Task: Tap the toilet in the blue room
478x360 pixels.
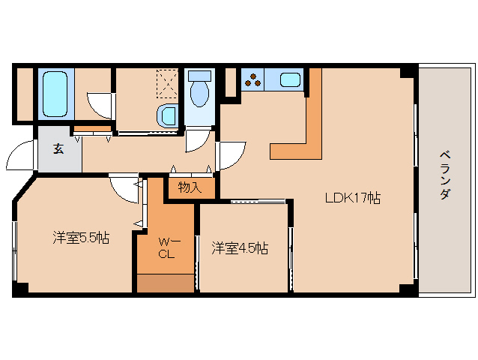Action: point(199,89)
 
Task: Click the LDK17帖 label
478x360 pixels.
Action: point(351,199)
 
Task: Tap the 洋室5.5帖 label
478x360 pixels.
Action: point(81,238)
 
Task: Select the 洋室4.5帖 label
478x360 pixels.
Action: point(239,247)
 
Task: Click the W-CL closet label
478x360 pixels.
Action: point(166,247)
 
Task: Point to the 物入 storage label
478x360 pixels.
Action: point(190,187)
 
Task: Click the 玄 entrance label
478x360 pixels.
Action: point(58,148)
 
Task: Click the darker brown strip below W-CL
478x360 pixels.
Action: point(165,283)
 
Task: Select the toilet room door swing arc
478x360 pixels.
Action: point(198,139)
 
